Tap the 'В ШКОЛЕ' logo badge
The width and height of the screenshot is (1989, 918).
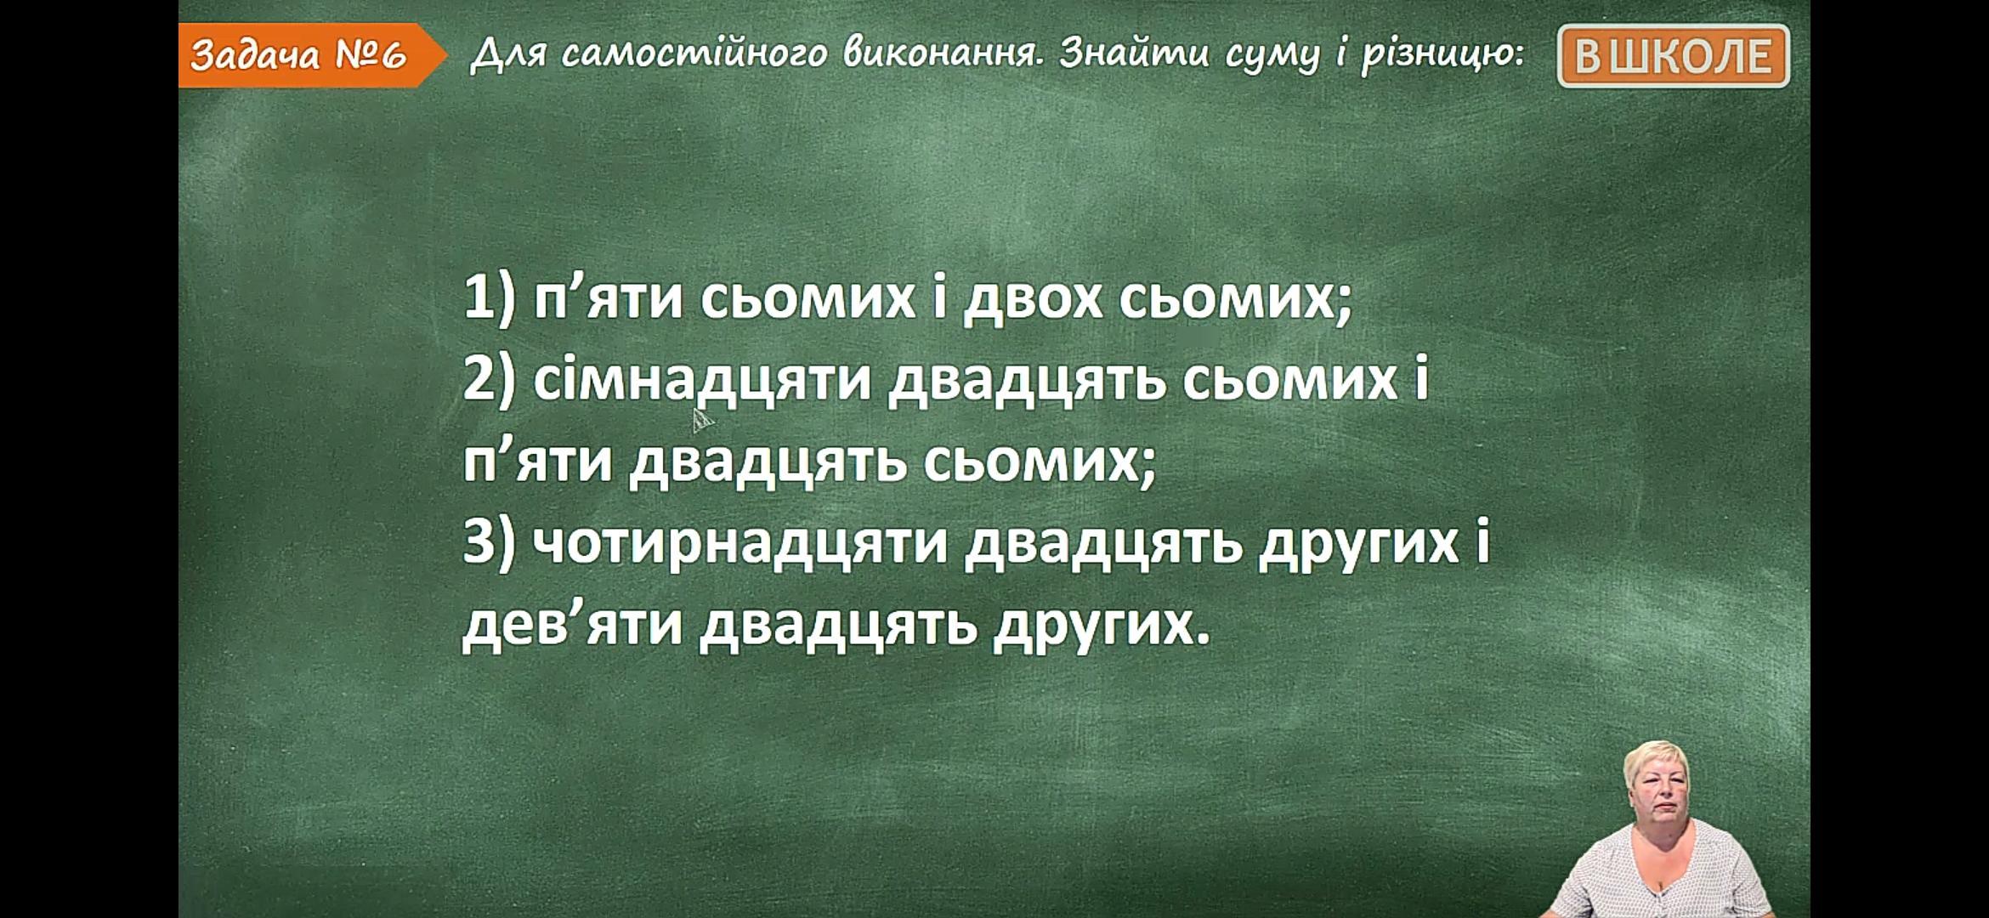tap(1673, 56)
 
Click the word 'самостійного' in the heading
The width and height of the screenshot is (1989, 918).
tap(694, 55)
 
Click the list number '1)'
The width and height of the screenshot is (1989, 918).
tap(490, 297)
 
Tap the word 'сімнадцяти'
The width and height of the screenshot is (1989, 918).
tap(702, 381)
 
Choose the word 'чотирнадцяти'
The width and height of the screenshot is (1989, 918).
tap(739, 544)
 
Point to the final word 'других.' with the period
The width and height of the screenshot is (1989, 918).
tap(1101, 627)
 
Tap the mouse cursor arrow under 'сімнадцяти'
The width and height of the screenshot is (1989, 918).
tap(702, 420)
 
